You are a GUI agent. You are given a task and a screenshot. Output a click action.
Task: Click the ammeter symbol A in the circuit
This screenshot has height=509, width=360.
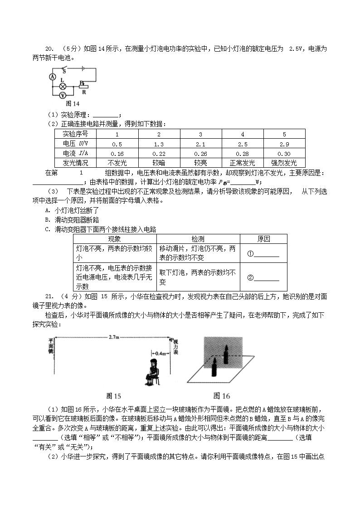click(52, 78)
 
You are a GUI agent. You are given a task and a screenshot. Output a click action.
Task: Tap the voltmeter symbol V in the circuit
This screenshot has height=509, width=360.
click(63, 95)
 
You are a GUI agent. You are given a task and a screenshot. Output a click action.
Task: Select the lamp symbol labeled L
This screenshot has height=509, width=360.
click(63, 86)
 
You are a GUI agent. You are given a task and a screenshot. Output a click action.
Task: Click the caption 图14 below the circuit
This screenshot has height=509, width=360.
click(73, 104)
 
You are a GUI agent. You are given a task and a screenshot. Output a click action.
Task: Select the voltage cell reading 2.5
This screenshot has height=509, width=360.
click(243, 144)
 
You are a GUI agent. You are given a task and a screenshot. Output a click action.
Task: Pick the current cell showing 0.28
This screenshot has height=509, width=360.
click(243, 153)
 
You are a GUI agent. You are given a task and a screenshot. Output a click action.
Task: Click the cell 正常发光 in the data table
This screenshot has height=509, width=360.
click(243, 163)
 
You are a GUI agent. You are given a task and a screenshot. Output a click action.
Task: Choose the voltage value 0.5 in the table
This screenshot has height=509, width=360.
click(117, 144)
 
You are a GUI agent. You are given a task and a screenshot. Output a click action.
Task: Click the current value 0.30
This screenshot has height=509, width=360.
click(284, 153)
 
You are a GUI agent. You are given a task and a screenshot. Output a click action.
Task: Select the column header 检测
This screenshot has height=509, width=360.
click(198, 238)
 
